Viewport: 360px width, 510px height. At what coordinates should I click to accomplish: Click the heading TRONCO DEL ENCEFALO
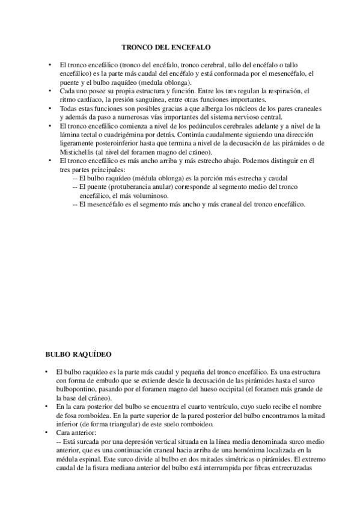166,46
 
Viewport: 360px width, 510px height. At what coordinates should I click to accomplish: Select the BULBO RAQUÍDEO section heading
78,355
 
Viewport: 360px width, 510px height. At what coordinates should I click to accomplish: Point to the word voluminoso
149,196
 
